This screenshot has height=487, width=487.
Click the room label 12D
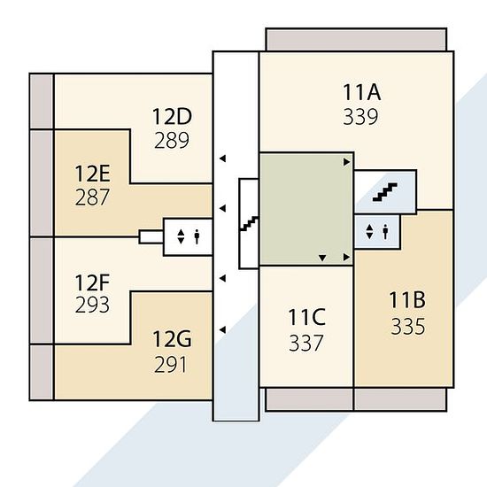(x=172, y=117)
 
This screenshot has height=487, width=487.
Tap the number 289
(x=172, y=140)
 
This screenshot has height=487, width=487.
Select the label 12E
(x=92, y=174)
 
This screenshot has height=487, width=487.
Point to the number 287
(x=92, y=197)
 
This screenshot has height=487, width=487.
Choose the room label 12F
(x=92, y=282)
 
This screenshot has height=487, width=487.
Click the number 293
(x=92, y=305)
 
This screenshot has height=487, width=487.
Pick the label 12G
(x=172, y=339)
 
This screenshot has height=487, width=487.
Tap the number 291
(x=171, y=365)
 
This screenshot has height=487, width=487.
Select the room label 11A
(x=362, y=92)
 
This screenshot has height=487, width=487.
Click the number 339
(x=360, y=117)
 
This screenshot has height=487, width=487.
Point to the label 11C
(x=307, y=317)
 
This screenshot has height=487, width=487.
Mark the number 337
(x=306, y=343)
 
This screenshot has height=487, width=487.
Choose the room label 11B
(x=407, y=300)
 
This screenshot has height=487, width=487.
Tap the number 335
(x=408, y=327)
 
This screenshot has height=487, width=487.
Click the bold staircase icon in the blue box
(x=385, y=192)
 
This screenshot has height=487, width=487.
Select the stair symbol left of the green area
(x=249, y=223)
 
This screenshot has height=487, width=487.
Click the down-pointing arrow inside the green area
(x=322, y=258)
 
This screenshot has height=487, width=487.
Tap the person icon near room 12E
(x=197, y=236)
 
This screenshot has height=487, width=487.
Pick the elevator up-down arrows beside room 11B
(x=369, y=232)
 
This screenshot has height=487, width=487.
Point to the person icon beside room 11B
(x=385, y=232)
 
